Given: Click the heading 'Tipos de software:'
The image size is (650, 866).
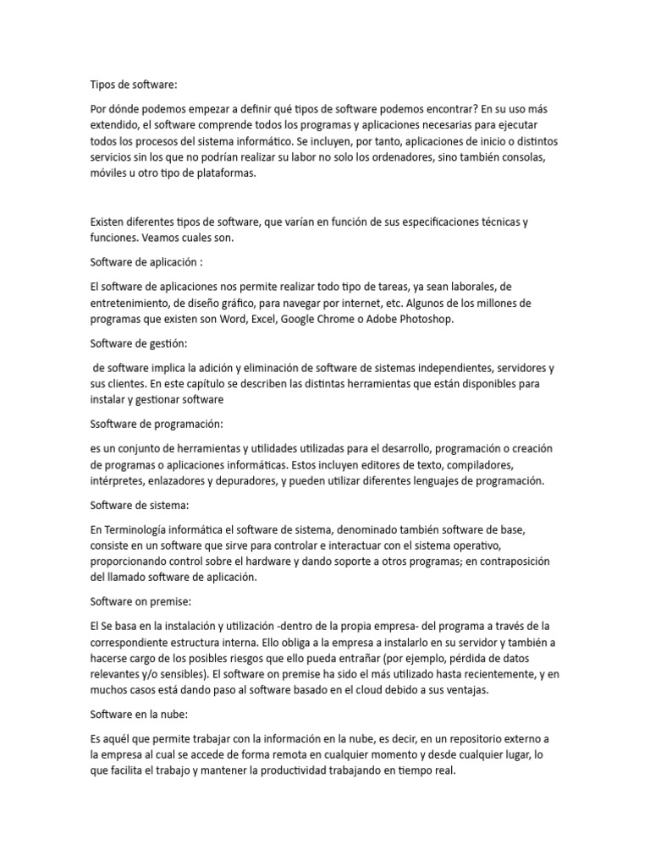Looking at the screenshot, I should pyautogui.click(x=135, y=85).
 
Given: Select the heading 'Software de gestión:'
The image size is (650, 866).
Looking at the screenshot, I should pyautogui.click(x=139, y=343).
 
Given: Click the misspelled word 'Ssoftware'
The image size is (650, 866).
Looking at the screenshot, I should pyautogui.click(x=114, y=424).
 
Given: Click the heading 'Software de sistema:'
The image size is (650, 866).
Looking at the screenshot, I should pyautogui.click(x=140, y=505).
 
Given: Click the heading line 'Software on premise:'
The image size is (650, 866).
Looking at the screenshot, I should pyautogui.click(x=140, y=601).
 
